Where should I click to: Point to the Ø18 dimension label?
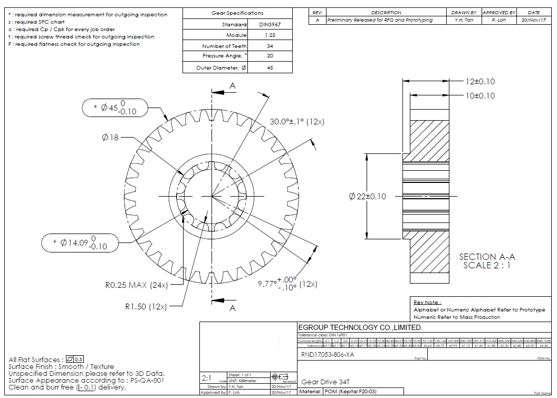click(111, 137)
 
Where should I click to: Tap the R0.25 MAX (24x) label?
click(137, 285)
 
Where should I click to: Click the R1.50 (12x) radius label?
click(146, 306)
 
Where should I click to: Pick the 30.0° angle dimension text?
click(297, 122)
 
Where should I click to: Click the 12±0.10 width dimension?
click(480, 82)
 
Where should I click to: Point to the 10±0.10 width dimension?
click(480, 95)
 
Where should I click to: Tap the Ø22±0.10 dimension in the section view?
click(368, 197)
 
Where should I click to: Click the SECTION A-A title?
click(487, 257)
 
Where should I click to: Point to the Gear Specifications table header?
click(237, 13)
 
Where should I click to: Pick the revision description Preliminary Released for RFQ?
click(380, 20)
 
